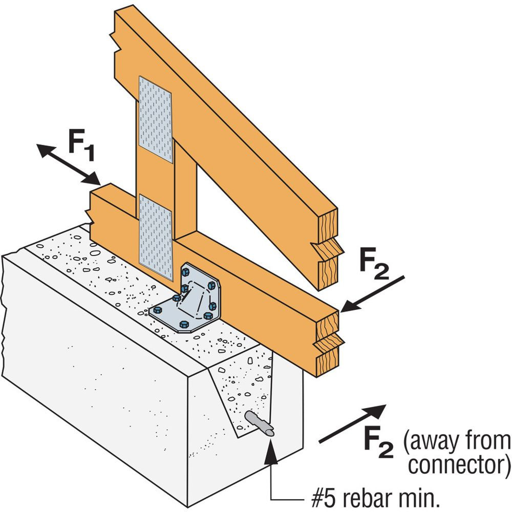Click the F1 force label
coord(82,145)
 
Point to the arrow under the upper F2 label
coord(371,294)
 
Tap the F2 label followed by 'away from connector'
coord(379,441)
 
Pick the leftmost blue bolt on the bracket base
coord(158,310)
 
